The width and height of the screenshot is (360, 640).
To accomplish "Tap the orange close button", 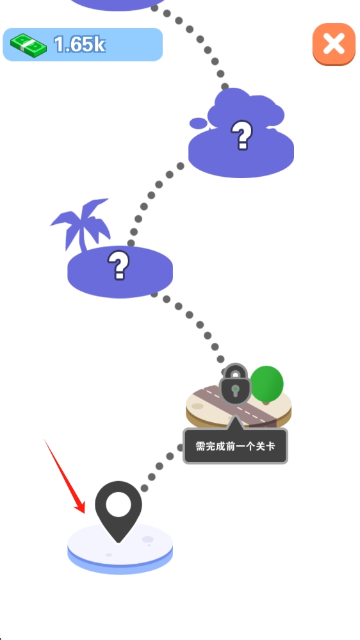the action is pos(334,44).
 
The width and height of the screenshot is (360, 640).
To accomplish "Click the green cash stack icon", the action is pos(28,45).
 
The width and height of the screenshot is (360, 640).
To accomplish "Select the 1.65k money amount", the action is pos(80,44).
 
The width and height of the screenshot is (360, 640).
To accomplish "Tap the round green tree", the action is pos(266,384).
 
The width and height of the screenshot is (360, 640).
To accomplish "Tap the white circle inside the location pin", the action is pos(119,504).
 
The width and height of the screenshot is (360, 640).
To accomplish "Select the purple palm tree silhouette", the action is pos(81,225).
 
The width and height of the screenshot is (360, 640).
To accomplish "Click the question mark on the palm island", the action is pos(119,265).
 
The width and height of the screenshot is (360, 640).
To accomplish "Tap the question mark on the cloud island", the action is pos(241,135).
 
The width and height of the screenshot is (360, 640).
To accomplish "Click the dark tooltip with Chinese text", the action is pos(235,446).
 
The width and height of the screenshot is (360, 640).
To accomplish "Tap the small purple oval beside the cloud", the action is pos(199,123).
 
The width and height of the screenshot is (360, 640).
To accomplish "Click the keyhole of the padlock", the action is pos(235,390).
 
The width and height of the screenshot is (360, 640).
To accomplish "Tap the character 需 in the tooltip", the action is pos(200,446).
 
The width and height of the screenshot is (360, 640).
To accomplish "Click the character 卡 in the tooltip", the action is pos(270,446).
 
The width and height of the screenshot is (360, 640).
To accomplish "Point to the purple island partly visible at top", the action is pos(119,4).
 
